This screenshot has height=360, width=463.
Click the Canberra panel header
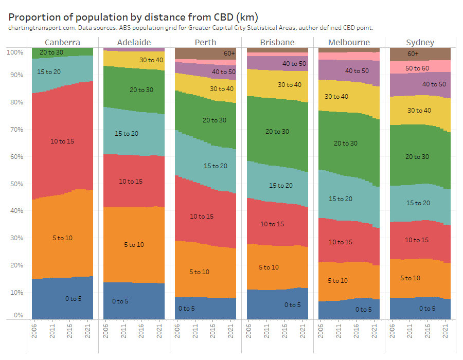click(x=62, y=42)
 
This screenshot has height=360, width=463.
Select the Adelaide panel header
click(x=134, y=42)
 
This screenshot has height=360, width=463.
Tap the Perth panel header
click(x=205, y=42)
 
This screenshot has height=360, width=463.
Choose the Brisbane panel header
click(x=277, y=42)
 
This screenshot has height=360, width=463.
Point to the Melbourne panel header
click(x=349, y=42)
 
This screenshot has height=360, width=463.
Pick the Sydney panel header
click(x=420, y=42)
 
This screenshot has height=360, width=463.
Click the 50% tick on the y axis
click(x=15, y=184)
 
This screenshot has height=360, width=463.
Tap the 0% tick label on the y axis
click(x=18, y=315)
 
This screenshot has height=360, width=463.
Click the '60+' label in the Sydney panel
click(x=413, y=53)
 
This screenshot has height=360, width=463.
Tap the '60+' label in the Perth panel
click(x=229, y=53)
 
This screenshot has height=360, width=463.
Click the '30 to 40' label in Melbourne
click(x=336, y=96)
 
